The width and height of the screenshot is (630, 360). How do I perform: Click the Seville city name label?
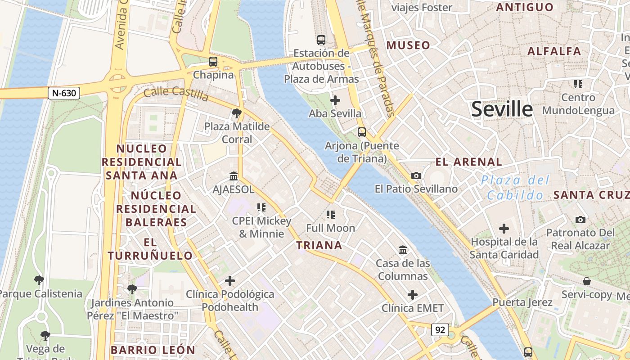(502, 109)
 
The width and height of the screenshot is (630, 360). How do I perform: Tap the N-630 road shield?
(64, 93)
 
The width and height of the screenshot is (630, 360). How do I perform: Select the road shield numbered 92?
(440, 330)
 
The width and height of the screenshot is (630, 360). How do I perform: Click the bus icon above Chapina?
(213, 62)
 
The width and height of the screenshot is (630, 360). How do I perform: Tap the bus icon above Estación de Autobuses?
(321, 40)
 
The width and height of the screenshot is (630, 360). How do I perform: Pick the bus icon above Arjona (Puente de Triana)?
(362, 132)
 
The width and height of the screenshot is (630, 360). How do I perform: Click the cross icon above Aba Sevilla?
(335, 100)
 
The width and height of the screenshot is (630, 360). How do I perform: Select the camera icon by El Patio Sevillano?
(416, 175)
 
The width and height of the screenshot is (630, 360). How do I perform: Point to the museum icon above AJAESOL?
(234, 176)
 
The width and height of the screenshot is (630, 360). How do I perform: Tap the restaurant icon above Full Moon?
(331, 215)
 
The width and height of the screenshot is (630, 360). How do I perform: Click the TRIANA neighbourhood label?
(319, 245)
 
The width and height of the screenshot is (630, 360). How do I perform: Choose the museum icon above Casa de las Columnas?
(403, 250)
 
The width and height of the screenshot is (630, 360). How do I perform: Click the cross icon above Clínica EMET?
(413, 295)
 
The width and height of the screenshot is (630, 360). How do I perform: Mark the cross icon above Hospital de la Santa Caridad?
(504, 229)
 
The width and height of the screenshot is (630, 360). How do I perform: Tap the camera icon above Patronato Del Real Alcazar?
(580, 220)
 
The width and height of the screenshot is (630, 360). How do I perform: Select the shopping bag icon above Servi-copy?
(587, 281)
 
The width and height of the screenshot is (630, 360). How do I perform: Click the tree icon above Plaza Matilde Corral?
(237, 113)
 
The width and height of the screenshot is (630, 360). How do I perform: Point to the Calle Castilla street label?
(176, 94)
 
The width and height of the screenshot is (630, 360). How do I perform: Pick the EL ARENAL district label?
(468, 162)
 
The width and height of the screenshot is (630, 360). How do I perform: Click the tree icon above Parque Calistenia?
(39, 280)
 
